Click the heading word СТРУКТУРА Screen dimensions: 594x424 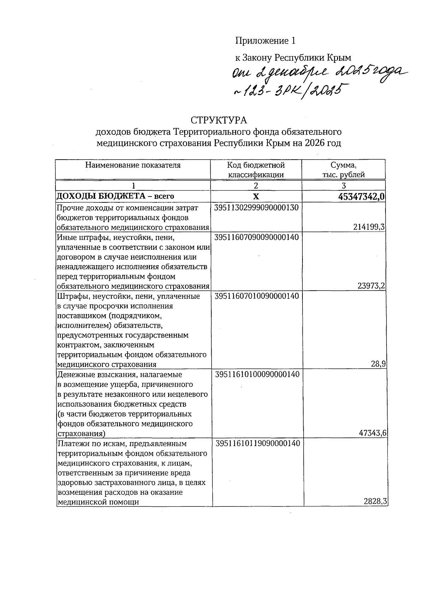[x=219, y=120]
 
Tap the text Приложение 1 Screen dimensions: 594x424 [x=265, y=41]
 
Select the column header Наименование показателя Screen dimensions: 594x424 [x=133, y=165]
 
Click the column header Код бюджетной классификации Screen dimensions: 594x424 [x=256, y=170]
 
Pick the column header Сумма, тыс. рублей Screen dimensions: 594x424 [x=343, y=170]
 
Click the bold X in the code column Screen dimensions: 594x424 [x=256, y=197]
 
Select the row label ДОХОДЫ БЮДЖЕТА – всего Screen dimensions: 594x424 [x=116, y=196]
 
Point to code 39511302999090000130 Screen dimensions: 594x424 [x=257, y=208]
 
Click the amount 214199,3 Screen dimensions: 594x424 [x=369, y=228]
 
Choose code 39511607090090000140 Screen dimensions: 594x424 [x=257, y=237]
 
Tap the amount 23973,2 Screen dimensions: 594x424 [x=371, y=286]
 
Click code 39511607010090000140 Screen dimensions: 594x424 [x=257, y=296]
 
